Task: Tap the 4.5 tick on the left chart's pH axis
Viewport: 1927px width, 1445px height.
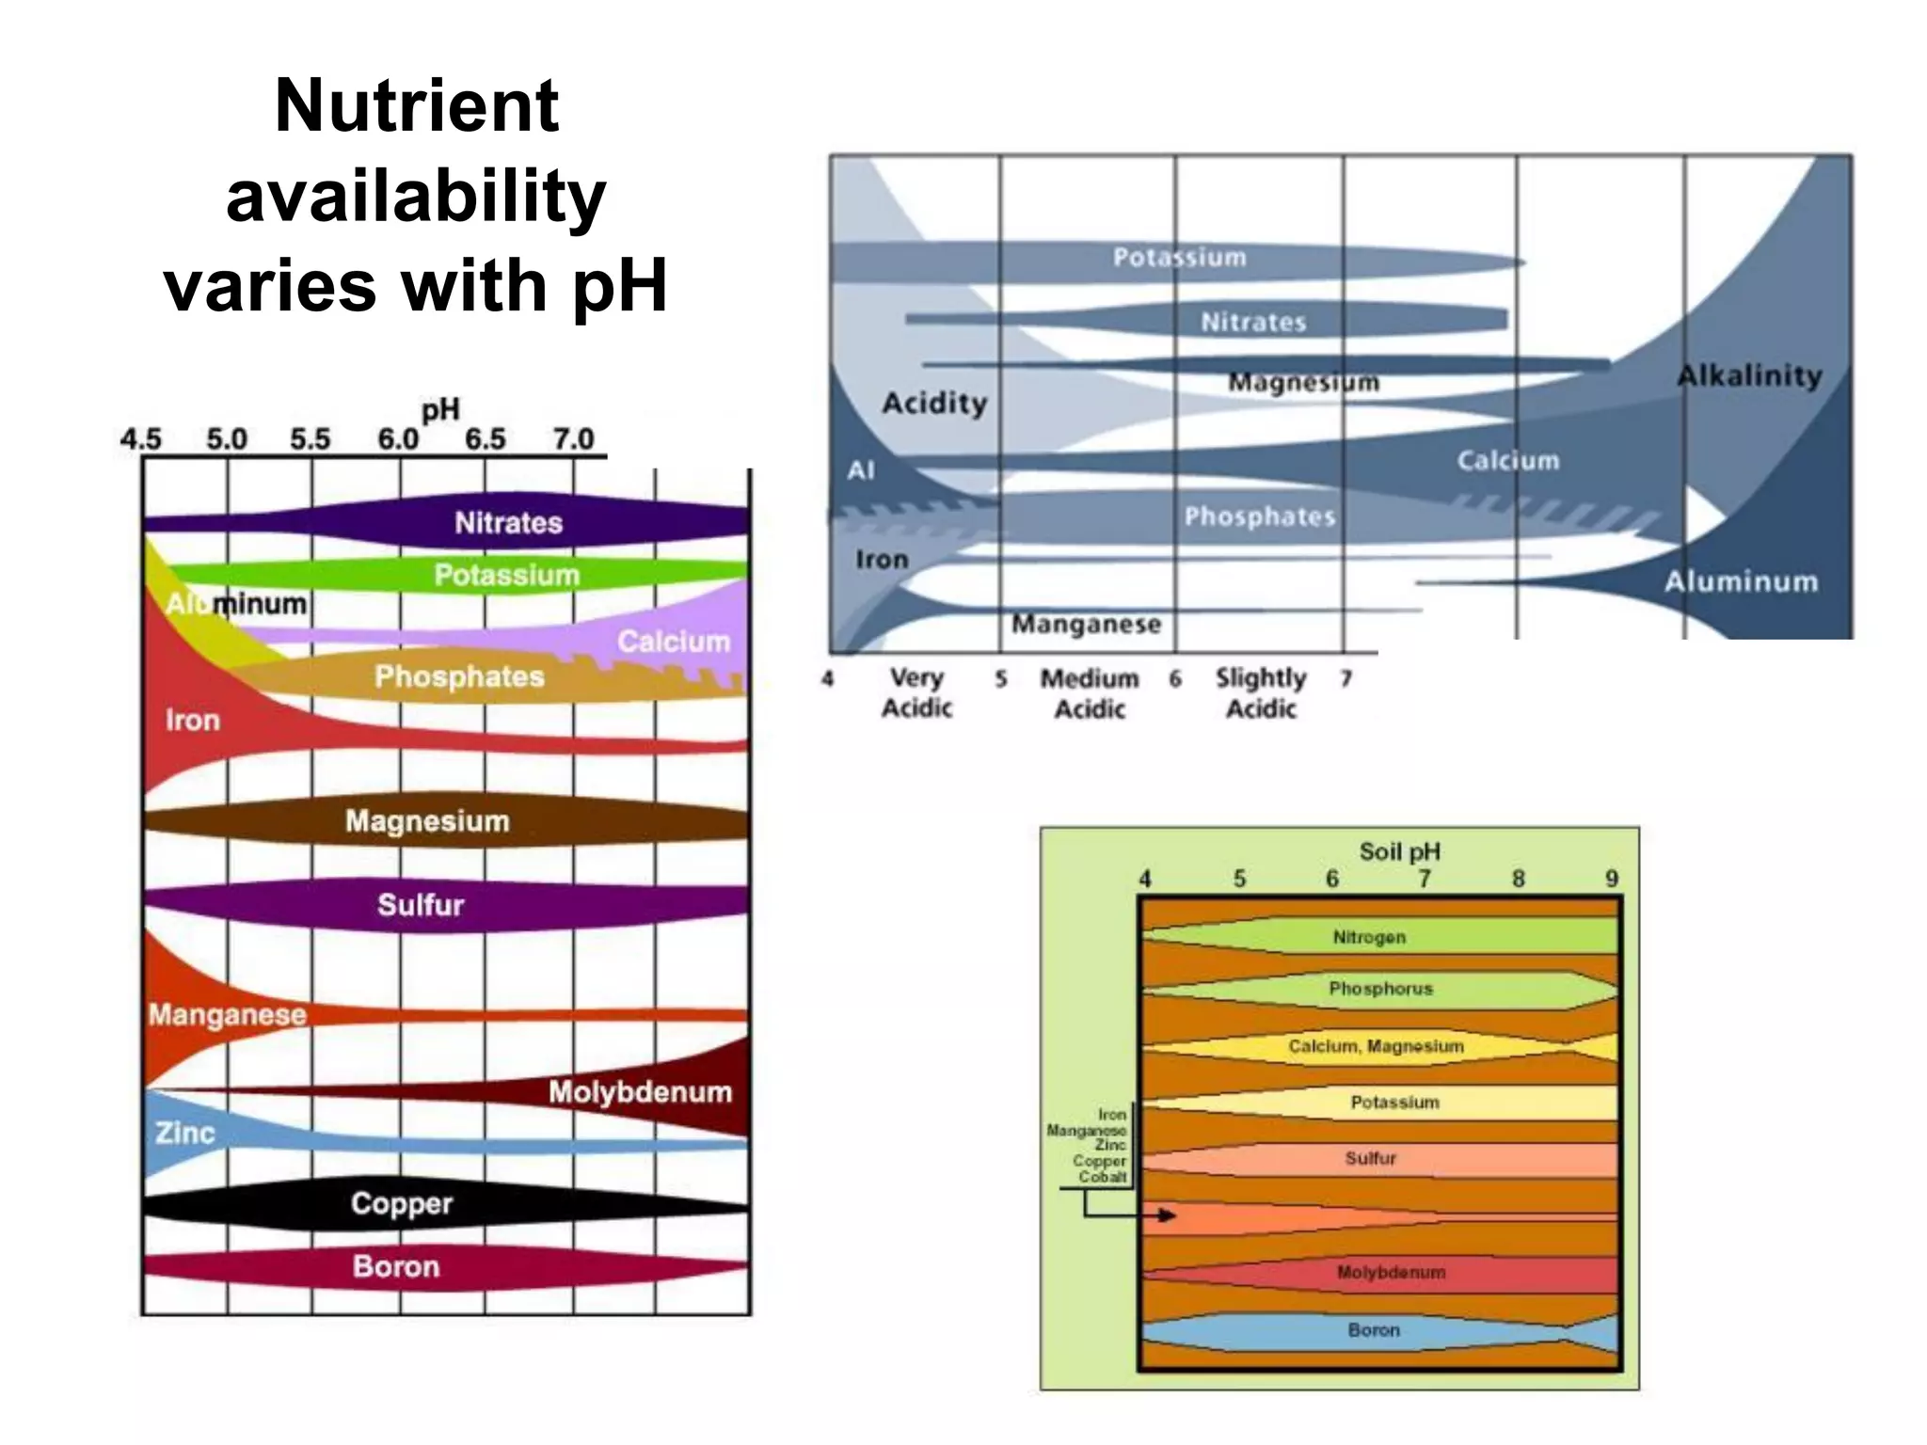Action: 140,439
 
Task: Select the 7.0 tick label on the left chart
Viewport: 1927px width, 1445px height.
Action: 573,439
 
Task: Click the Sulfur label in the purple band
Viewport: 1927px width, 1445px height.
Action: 421,905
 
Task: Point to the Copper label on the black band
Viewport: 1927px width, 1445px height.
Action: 402,1203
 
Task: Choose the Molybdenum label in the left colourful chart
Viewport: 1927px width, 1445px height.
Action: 640,1092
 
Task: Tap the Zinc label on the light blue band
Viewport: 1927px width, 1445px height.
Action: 185,1133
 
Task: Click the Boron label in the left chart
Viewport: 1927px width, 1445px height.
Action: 396,1266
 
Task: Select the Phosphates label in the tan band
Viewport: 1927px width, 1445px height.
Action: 459,676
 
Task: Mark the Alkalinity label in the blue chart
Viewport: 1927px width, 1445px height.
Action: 1750,376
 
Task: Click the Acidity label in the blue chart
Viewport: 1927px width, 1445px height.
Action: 934,404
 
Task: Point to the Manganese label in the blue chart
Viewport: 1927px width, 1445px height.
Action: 1086,625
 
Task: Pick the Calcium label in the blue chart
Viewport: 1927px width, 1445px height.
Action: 1508,461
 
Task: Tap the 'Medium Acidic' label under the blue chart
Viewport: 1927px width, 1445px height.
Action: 1090,693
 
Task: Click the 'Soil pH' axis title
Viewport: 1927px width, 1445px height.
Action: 1399,851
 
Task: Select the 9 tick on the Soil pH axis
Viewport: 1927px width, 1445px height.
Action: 1612,879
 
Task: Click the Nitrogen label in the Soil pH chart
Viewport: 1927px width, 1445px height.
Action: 1369,937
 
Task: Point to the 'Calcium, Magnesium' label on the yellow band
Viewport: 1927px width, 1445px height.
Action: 1376,1046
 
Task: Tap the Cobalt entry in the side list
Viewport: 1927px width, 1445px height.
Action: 1102,1177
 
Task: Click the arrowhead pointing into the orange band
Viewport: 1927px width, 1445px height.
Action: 1169,1215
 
